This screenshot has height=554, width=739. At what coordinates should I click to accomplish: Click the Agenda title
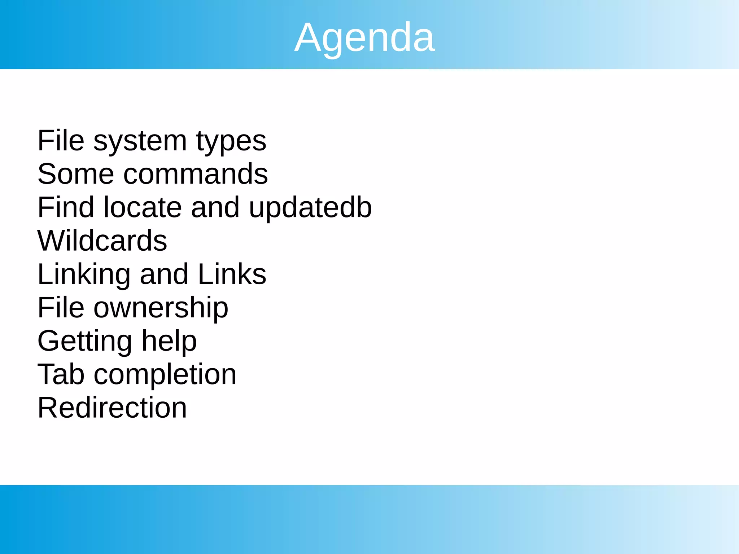[364, 38]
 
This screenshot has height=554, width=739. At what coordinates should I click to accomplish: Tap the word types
[231, 141]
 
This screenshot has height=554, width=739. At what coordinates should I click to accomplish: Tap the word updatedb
[310, 208]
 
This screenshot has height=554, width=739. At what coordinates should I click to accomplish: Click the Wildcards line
[102, 241]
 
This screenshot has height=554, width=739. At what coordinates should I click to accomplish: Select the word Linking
[84, 275]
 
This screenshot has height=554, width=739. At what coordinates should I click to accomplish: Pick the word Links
[232, 274]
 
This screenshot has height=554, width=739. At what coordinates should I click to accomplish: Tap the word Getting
[85, 342]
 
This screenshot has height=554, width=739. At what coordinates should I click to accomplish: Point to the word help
[169, 342]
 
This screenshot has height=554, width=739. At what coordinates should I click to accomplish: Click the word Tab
[61, 374]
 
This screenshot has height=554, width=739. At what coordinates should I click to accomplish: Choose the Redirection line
[112, 408]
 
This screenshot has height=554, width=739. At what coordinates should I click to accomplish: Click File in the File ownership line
[61, 308]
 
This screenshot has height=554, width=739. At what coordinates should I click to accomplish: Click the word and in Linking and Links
[164, 274]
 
